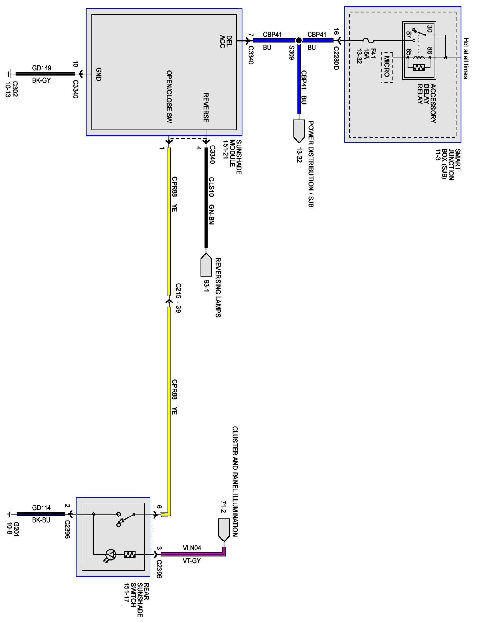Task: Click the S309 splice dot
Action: [299, 40]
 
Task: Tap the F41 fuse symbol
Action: [369, 40]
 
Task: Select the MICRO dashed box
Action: [387, 67]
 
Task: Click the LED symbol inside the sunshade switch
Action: [110, 554]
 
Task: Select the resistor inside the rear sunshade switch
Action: [130, 554]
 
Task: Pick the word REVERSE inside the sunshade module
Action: [206, 108]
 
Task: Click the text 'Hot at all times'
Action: [466, 58]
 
